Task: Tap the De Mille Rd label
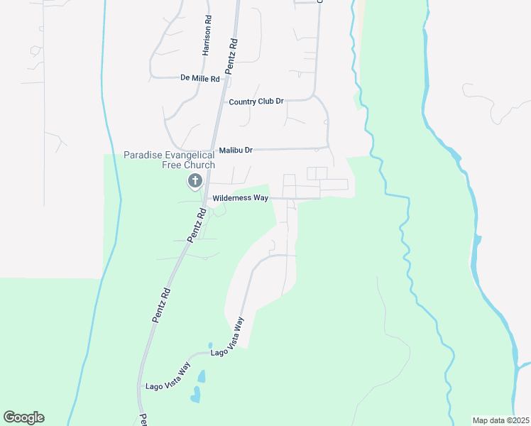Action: (200, 78)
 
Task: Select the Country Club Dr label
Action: (256, 102)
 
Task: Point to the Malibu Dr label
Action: (235, 151)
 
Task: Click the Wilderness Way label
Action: (241, 198)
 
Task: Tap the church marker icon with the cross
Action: (194, 181)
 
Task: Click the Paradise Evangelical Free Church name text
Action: (169, 160)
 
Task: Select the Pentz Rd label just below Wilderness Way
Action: (197, 224)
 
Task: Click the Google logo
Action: (23, 417)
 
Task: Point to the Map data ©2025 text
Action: (500, 420)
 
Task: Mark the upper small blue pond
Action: (202, 376)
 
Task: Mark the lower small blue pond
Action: (195, 395)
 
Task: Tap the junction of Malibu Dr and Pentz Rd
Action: (211, 151)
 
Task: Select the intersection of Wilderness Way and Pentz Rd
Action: (204, 198)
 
